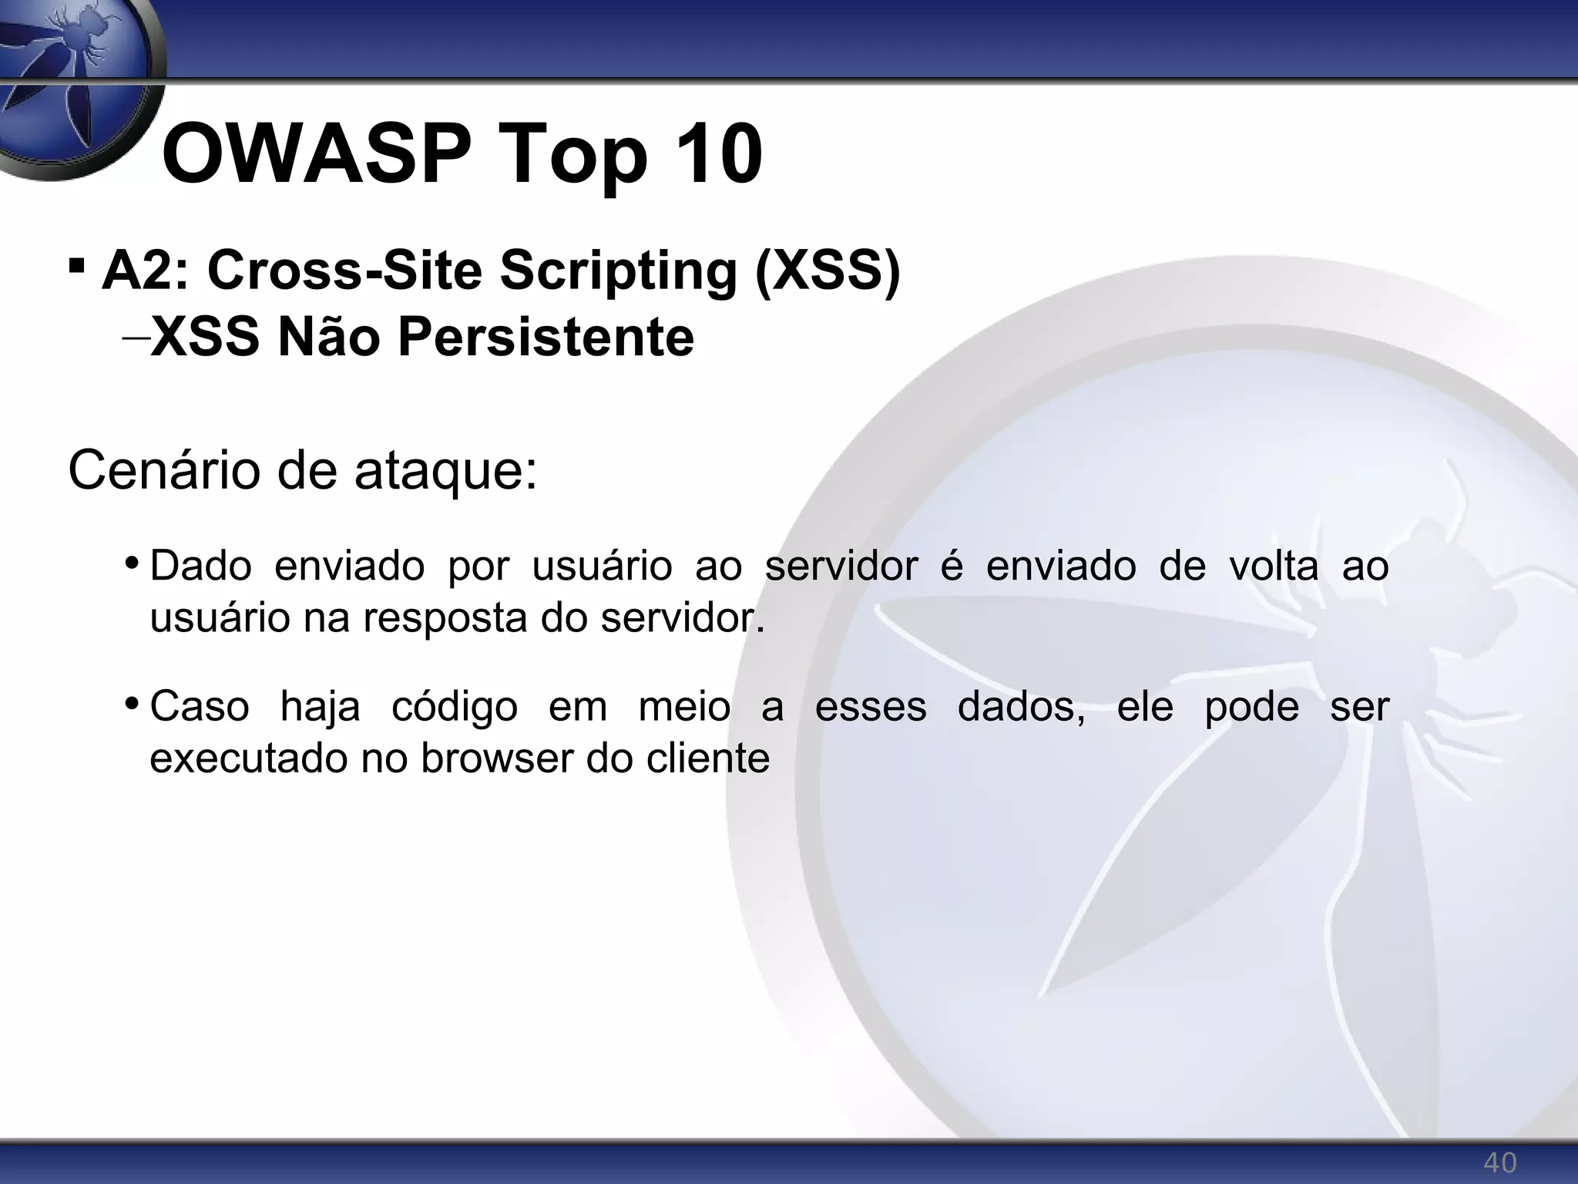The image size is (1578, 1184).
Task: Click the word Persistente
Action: (x=546, y=338)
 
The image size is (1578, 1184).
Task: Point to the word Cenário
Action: (x=163, y=470)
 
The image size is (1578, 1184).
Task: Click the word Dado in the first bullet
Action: (x=200, y=566)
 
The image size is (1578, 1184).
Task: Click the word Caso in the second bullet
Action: (x=200, y=706)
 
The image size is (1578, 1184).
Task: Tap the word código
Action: (x=454, y=708)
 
